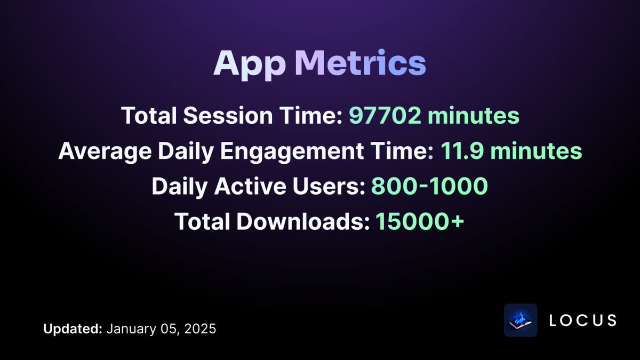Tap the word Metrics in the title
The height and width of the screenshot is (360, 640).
[360, 64]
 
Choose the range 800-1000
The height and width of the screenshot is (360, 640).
[429, 187]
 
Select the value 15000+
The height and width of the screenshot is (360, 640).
[420, 222]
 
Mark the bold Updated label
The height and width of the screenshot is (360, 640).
[73, 329]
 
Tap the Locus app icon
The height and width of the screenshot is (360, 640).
[521, 321]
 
